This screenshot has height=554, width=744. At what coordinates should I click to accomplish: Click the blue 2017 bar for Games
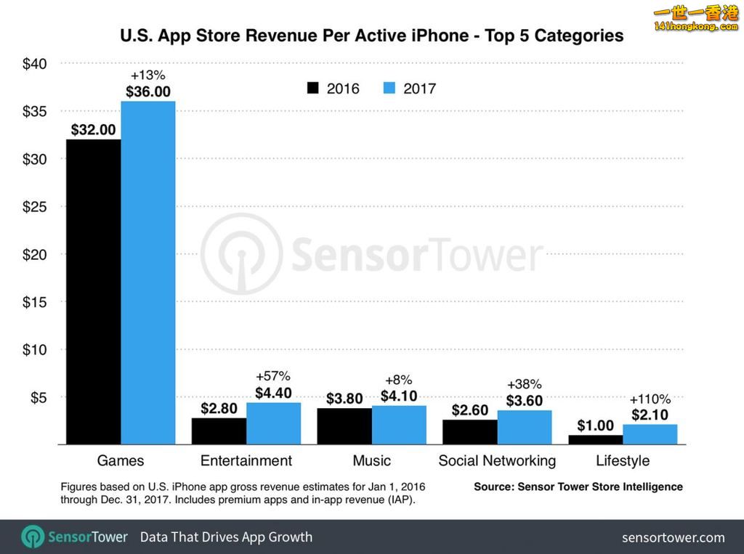pos(148,272)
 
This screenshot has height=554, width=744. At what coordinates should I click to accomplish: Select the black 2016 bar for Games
pos(93,291)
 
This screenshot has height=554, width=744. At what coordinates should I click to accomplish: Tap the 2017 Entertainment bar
pos(273,423)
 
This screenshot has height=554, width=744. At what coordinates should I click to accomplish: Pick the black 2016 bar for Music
pos(344,426)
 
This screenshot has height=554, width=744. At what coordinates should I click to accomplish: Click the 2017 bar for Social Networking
pos(525,427)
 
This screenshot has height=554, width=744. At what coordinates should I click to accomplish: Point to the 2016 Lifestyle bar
pos(595,440)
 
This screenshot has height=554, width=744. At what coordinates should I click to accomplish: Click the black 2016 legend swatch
pos(313,89)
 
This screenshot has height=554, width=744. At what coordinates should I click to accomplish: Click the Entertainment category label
pos(246,461)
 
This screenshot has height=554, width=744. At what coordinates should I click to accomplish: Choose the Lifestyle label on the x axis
pos(623,461)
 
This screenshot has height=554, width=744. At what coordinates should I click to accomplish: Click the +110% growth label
pos(650,399)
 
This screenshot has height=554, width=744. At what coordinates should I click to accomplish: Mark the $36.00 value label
pos(148,91)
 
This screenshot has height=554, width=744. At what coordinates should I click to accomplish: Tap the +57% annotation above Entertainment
pos(273,376)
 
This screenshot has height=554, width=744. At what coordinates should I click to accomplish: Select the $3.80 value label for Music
pos(344,399)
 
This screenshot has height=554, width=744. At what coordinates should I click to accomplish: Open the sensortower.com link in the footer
pos(673,537)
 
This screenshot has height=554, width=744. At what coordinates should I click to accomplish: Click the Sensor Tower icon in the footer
pos(33,537)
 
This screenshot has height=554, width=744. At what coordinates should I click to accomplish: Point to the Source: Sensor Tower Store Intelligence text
pos(578,486)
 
